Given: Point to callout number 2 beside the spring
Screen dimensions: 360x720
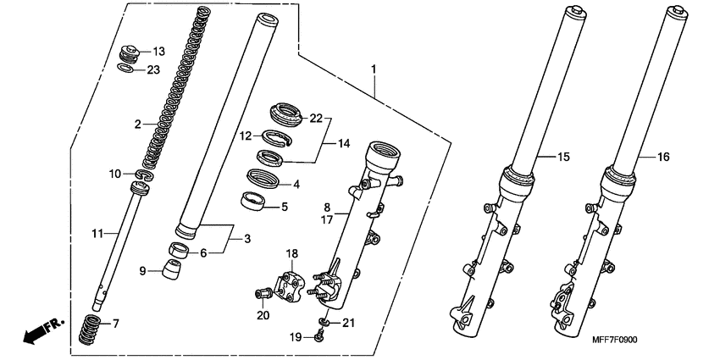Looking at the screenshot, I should [x=137, y=125].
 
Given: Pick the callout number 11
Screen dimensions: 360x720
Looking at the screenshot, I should [x=97, y=232].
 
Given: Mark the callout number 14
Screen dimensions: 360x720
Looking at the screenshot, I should [x=344, y=144].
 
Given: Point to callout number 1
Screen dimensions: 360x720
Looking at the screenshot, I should [x=374, y=68].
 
